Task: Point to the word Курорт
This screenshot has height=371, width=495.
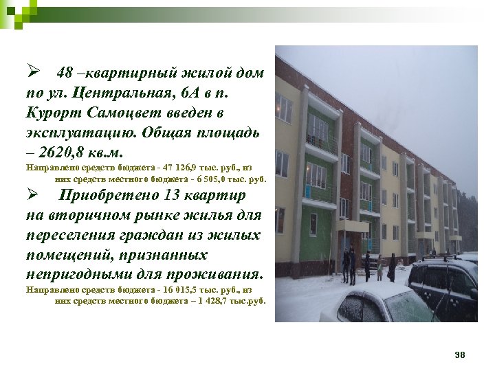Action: pos(52,111)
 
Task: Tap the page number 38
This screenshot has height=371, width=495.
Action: pos(460,355)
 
